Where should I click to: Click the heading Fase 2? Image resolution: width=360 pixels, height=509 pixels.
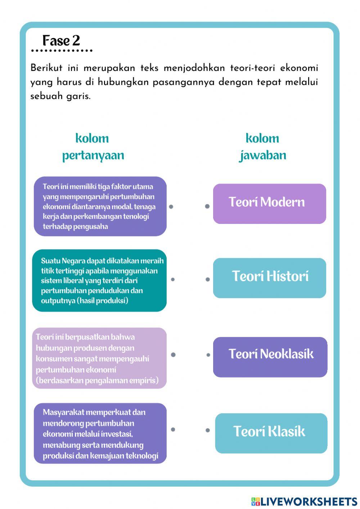(61, 41)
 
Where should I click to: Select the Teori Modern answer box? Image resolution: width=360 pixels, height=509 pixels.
(269, 203)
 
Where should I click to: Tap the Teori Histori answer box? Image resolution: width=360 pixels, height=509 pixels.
(269, 278)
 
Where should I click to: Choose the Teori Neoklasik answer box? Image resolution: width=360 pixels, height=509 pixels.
(270, 357)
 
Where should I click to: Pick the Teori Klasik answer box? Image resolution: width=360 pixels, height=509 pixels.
(271, 433)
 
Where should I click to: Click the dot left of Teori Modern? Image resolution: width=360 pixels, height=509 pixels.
(207, 206)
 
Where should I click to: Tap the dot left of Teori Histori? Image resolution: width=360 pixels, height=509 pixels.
(208, 279)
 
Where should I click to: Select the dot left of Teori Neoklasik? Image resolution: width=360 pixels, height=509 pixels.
(208, 355)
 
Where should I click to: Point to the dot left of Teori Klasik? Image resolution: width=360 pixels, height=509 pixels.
(208, 430)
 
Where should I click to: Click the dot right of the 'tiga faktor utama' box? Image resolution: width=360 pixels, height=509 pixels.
(171, 206)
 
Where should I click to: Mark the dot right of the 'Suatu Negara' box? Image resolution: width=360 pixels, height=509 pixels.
(173, 279)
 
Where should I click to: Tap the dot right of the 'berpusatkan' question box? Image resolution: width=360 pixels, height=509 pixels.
(173, 355)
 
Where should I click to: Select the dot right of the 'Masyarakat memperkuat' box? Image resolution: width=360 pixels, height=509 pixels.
(173, 429)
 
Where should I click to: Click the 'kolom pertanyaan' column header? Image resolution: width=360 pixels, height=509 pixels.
(93, 147)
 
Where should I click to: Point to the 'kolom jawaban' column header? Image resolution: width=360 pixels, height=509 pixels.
(262, 147)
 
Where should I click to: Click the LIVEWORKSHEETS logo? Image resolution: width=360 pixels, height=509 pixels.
(304, 501)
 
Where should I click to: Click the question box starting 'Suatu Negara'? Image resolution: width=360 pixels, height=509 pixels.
(99, 280)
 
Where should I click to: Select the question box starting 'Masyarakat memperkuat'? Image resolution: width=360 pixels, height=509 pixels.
(100, 433)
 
